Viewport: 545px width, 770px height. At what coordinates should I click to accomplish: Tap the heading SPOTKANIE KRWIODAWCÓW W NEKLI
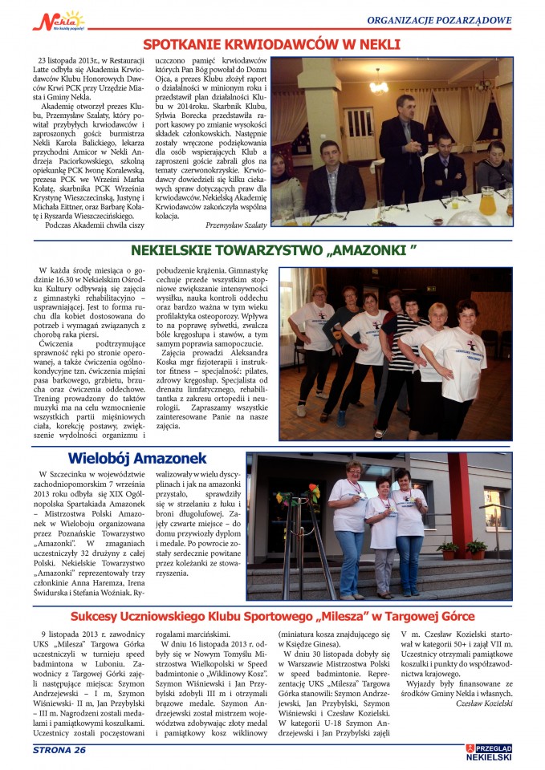271,45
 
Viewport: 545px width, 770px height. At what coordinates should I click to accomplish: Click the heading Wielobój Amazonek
137,459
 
